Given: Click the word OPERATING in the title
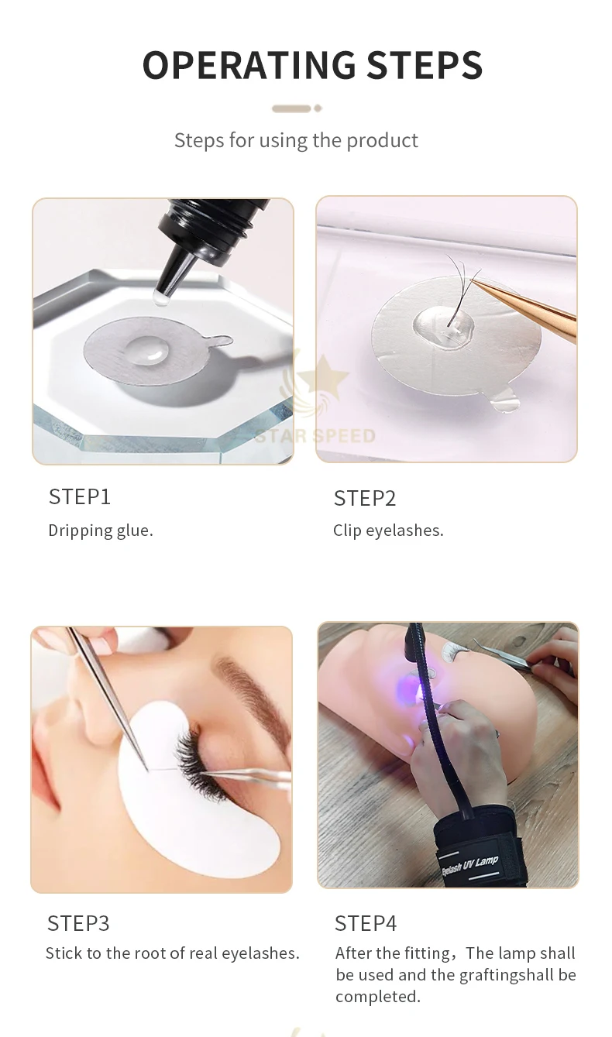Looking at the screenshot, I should (249, 65).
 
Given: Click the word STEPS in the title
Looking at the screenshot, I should (425, 65).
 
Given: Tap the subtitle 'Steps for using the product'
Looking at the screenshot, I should (296, 140).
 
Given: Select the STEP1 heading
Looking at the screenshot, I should (80, 496).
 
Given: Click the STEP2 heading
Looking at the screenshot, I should (365, 498).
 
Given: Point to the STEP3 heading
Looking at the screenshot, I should (78, 923).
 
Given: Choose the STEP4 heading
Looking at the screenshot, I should (366, 923).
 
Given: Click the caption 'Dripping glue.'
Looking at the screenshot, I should (101, 531).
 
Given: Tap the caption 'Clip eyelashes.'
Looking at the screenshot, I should (388, 531).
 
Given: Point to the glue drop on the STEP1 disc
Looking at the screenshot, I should (144, 350).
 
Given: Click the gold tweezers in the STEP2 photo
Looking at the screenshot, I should (535, 311).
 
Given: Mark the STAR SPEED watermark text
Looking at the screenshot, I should (315, 436).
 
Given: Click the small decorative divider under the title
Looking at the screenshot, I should (296, 108).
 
